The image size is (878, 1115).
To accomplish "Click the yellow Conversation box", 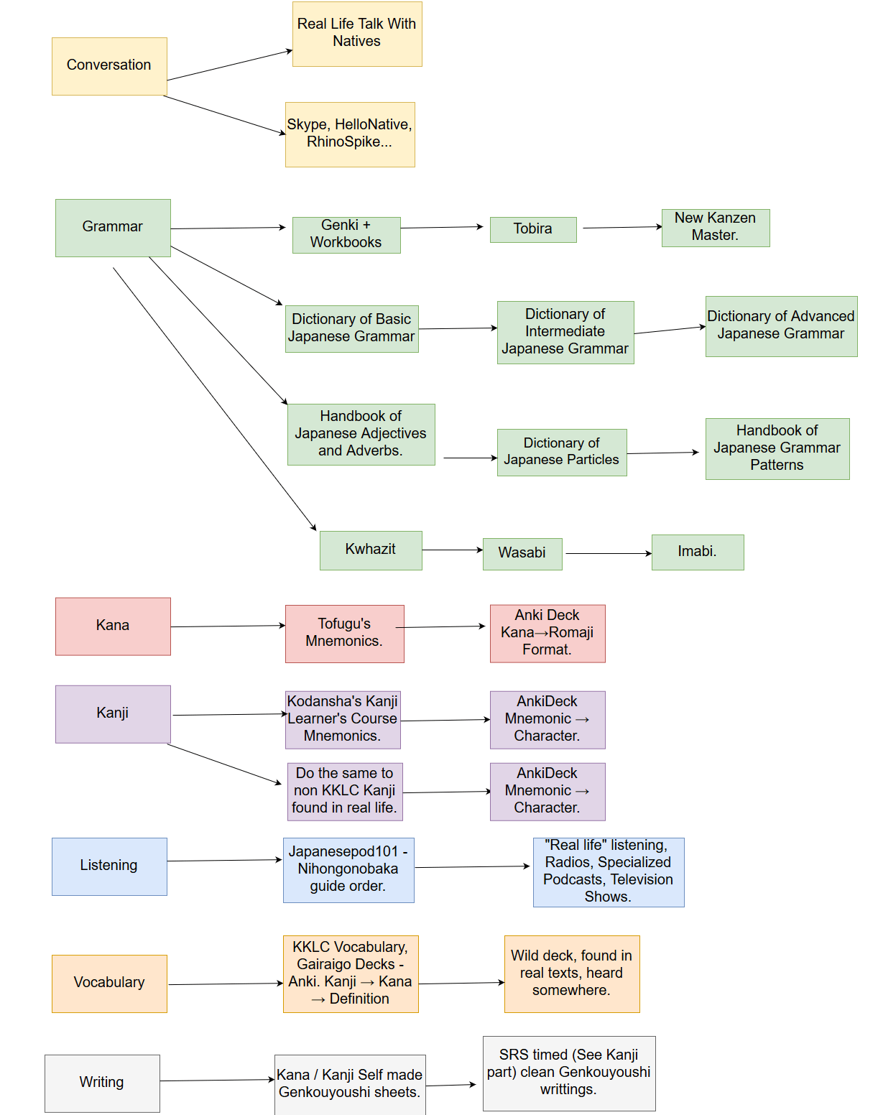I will click(109, 66).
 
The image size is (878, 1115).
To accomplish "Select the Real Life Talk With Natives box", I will click(357, 34).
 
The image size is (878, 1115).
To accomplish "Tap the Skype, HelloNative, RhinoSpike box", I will click(350, 134).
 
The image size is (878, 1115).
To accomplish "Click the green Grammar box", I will click(113, 228).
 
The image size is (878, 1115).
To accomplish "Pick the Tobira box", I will click(533, 229).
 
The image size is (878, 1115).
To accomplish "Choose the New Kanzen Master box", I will click(716, 228).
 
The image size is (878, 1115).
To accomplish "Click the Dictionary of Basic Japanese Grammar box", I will click(352, 328).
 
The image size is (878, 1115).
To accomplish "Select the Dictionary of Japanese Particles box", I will click(562, 452).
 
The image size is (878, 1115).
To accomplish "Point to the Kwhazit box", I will click(371, 550).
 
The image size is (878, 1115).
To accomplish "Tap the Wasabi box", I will click(522, 554).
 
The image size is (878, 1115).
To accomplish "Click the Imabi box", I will click(698, 552).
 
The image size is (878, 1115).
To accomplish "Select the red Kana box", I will click(113, 626).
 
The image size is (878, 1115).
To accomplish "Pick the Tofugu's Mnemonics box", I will click(345, 633).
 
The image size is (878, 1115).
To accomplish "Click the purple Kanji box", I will click(113, 713).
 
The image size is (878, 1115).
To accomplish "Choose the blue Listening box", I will click(109, 866).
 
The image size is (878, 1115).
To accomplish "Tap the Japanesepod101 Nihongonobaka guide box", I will click(348, 869).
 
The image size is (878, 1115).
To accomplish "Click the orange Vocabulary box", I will click(109, 984).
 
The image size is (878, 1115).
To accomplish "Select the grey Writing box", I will click(102, 1083).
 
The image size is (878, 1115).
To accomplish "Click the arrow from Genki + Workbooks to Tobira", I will click(442, 227).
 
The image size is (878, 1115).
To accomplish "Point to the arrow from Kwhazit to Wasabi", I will click(453, 550).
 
